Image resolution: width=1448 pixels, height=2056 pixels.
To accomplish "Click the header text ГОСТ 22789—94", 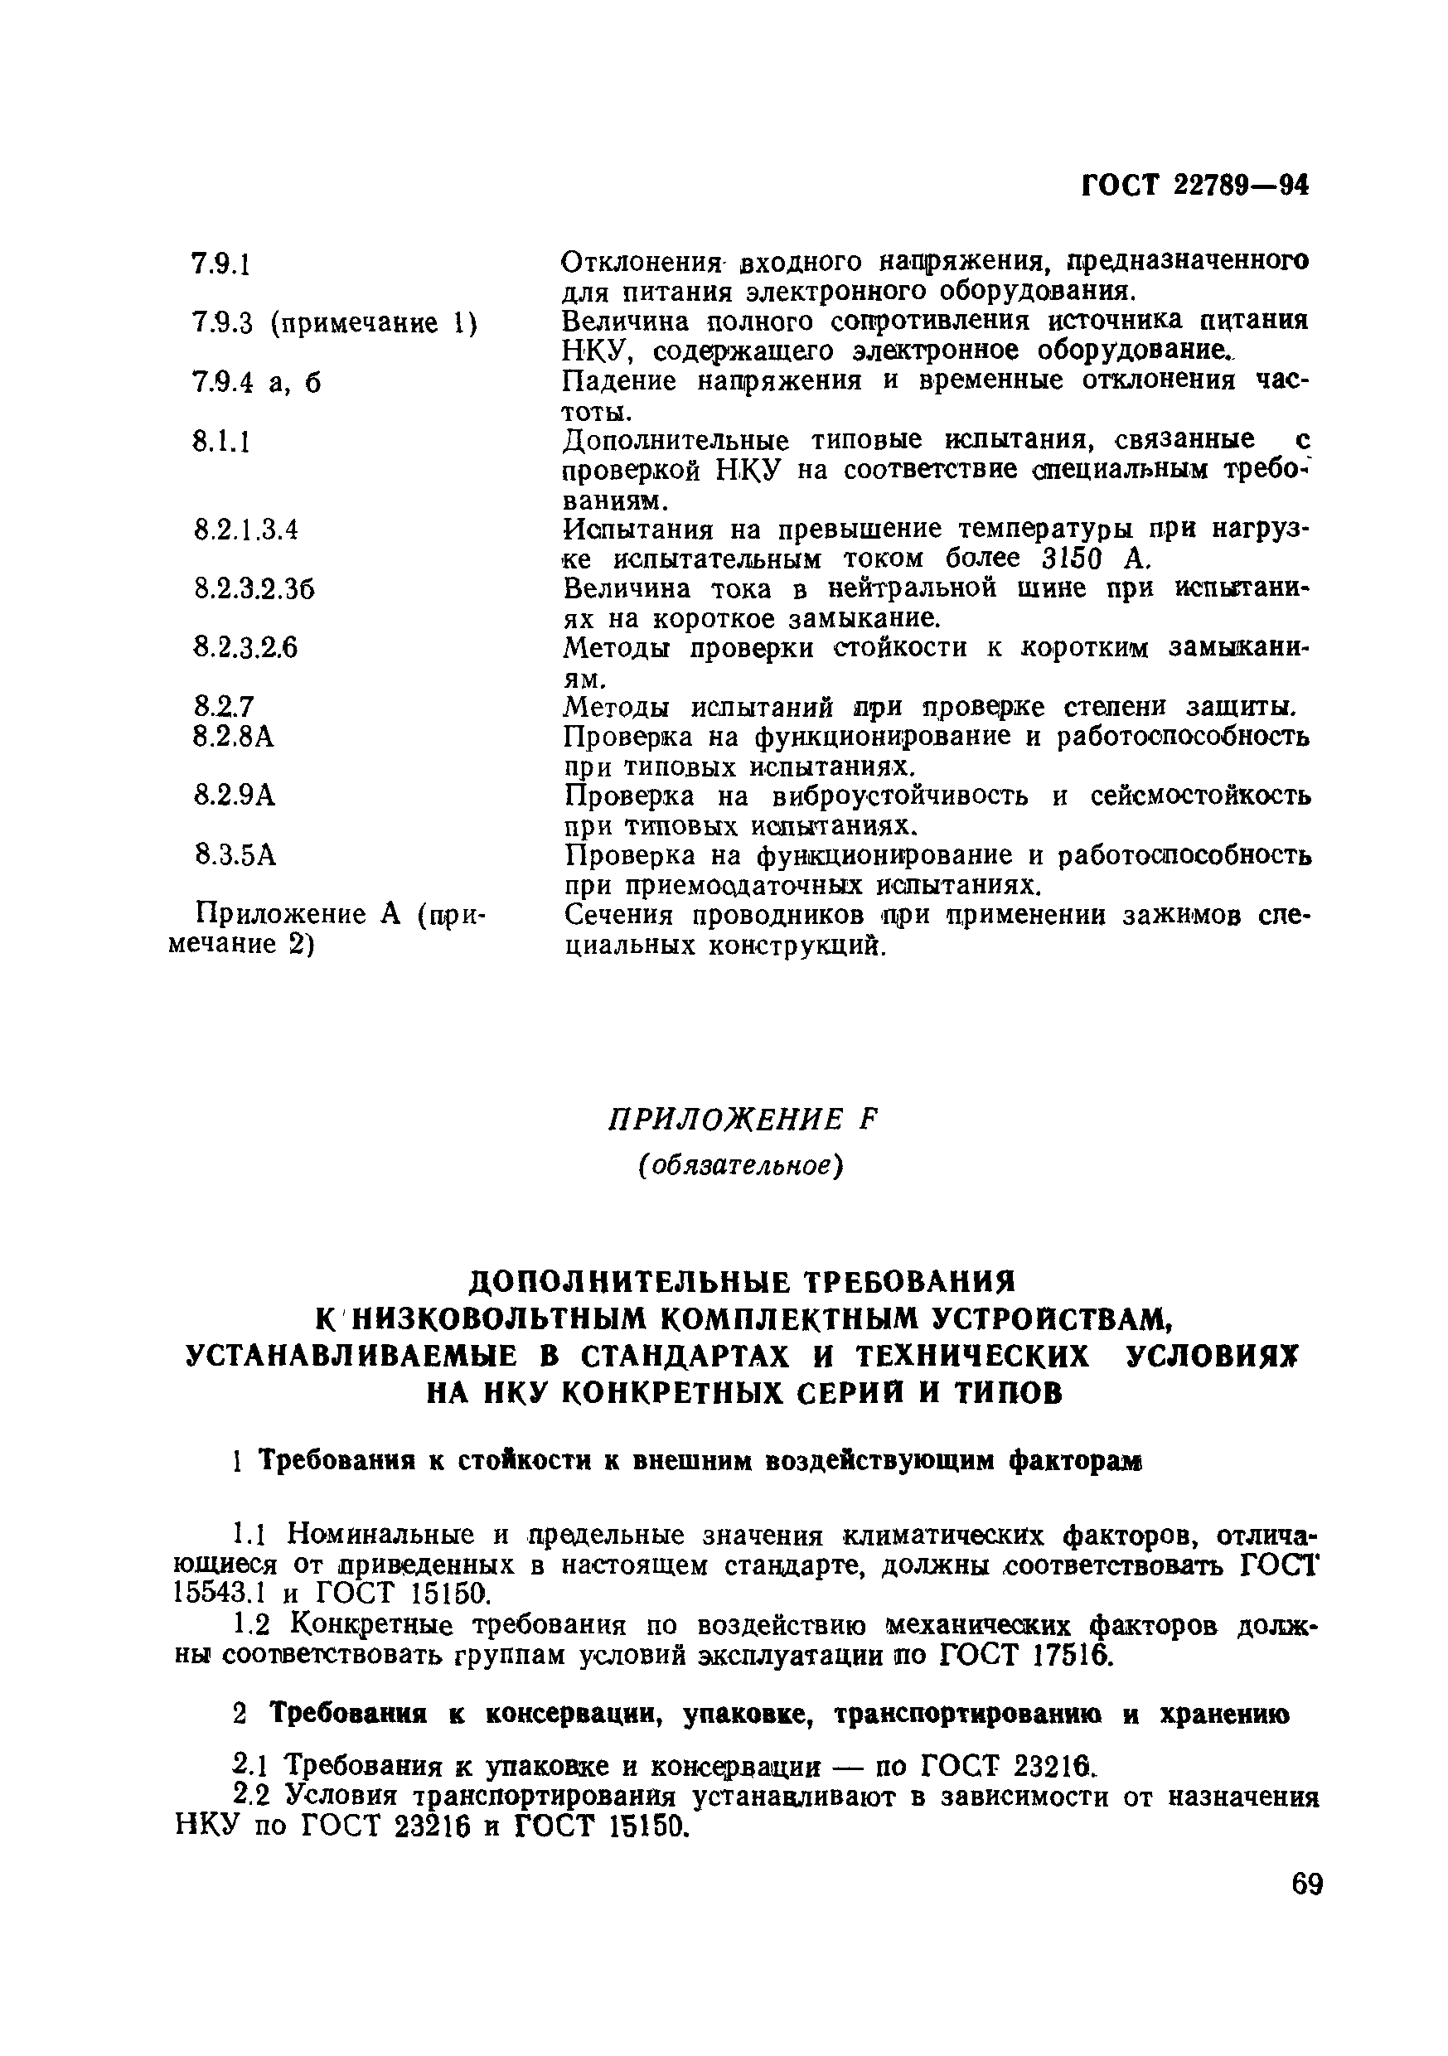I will (x=1195, y=186).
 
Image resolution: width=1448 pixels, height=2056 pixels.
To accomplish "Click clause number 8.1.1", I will (x=220, y=442).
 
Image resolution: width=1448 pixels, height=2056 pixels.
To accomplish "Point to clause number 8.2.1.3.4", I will (x=245, y=530).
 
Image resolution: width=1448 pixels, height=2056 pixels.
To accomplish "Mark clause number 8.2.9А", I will (x=235, y=796).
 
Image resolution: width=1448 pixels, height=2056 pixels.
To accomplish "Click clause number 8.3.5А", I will (x=235, y=856).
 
